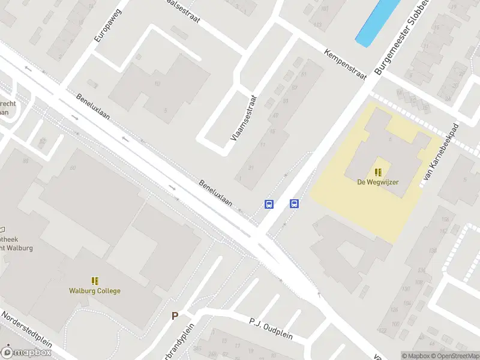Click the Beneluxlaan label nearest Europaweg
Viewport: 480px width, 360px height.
(93, 106)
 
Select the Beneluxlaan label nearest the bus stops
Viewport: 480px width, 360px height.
(215, 193)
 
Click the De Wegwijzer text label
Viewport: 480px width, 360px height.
(378, 182)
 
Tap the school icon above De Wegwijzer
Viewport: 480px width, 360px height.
(378, 172)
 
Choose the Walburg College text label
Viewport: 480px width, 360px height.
(94, 291)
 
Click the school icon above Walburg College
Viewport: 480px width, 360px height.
(94, 280)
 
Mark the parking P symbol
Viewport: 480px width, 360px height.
(175, 316)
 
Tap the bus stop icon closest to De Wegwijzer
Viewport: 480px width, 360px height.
(295, 204)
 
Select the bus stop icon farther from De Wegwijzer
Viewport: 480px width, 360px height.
(269, 204)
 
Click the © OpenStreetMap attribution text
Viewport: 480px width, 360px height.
(455, 356)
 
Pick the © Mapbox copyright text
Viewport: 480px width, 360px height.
(416, 356)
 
